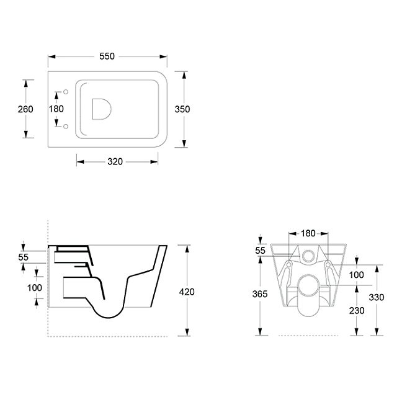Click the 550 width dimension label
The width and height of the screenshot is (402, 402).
click(x=107, y=56)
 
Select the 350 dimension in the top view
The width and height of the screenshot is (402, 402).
click(x=182, y=109)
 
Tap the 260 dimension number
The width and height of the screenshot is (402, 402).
click(x=25, y=109)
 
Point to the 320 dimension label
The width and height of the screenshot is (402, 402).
click(x=115, y=161)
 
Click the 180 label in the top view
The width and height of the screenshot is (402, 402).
click(x=56, y=109)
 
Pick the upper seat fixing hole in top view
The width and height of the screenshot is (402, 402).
click(x=66, y=92)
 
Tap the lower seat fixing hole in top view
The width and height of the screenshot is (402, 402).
click(x=66, y=127)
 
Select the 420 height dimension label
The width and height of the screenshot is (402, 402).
click(x=187, y=292)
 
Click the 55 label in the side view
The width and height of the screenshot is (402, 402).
click(x=24, y=257)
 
